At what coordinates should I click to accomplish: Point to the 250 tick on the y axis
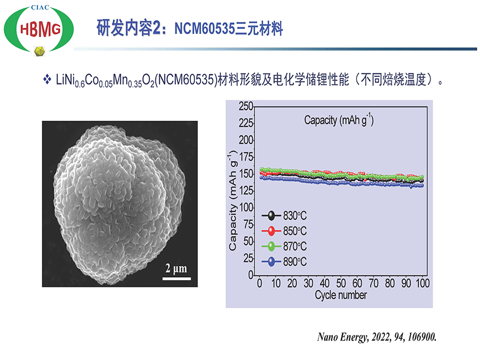[x=246, y=106]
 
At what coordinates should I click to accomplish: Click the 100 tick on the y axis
[x=246, y=208]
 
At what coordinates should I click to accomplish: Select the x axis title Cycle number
[x=340, y=295]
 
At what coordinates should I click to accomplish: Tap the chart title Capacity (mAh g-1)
[x=339, y=120]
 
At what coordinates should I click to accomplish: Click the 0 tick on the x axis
[x=259, y=284]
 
